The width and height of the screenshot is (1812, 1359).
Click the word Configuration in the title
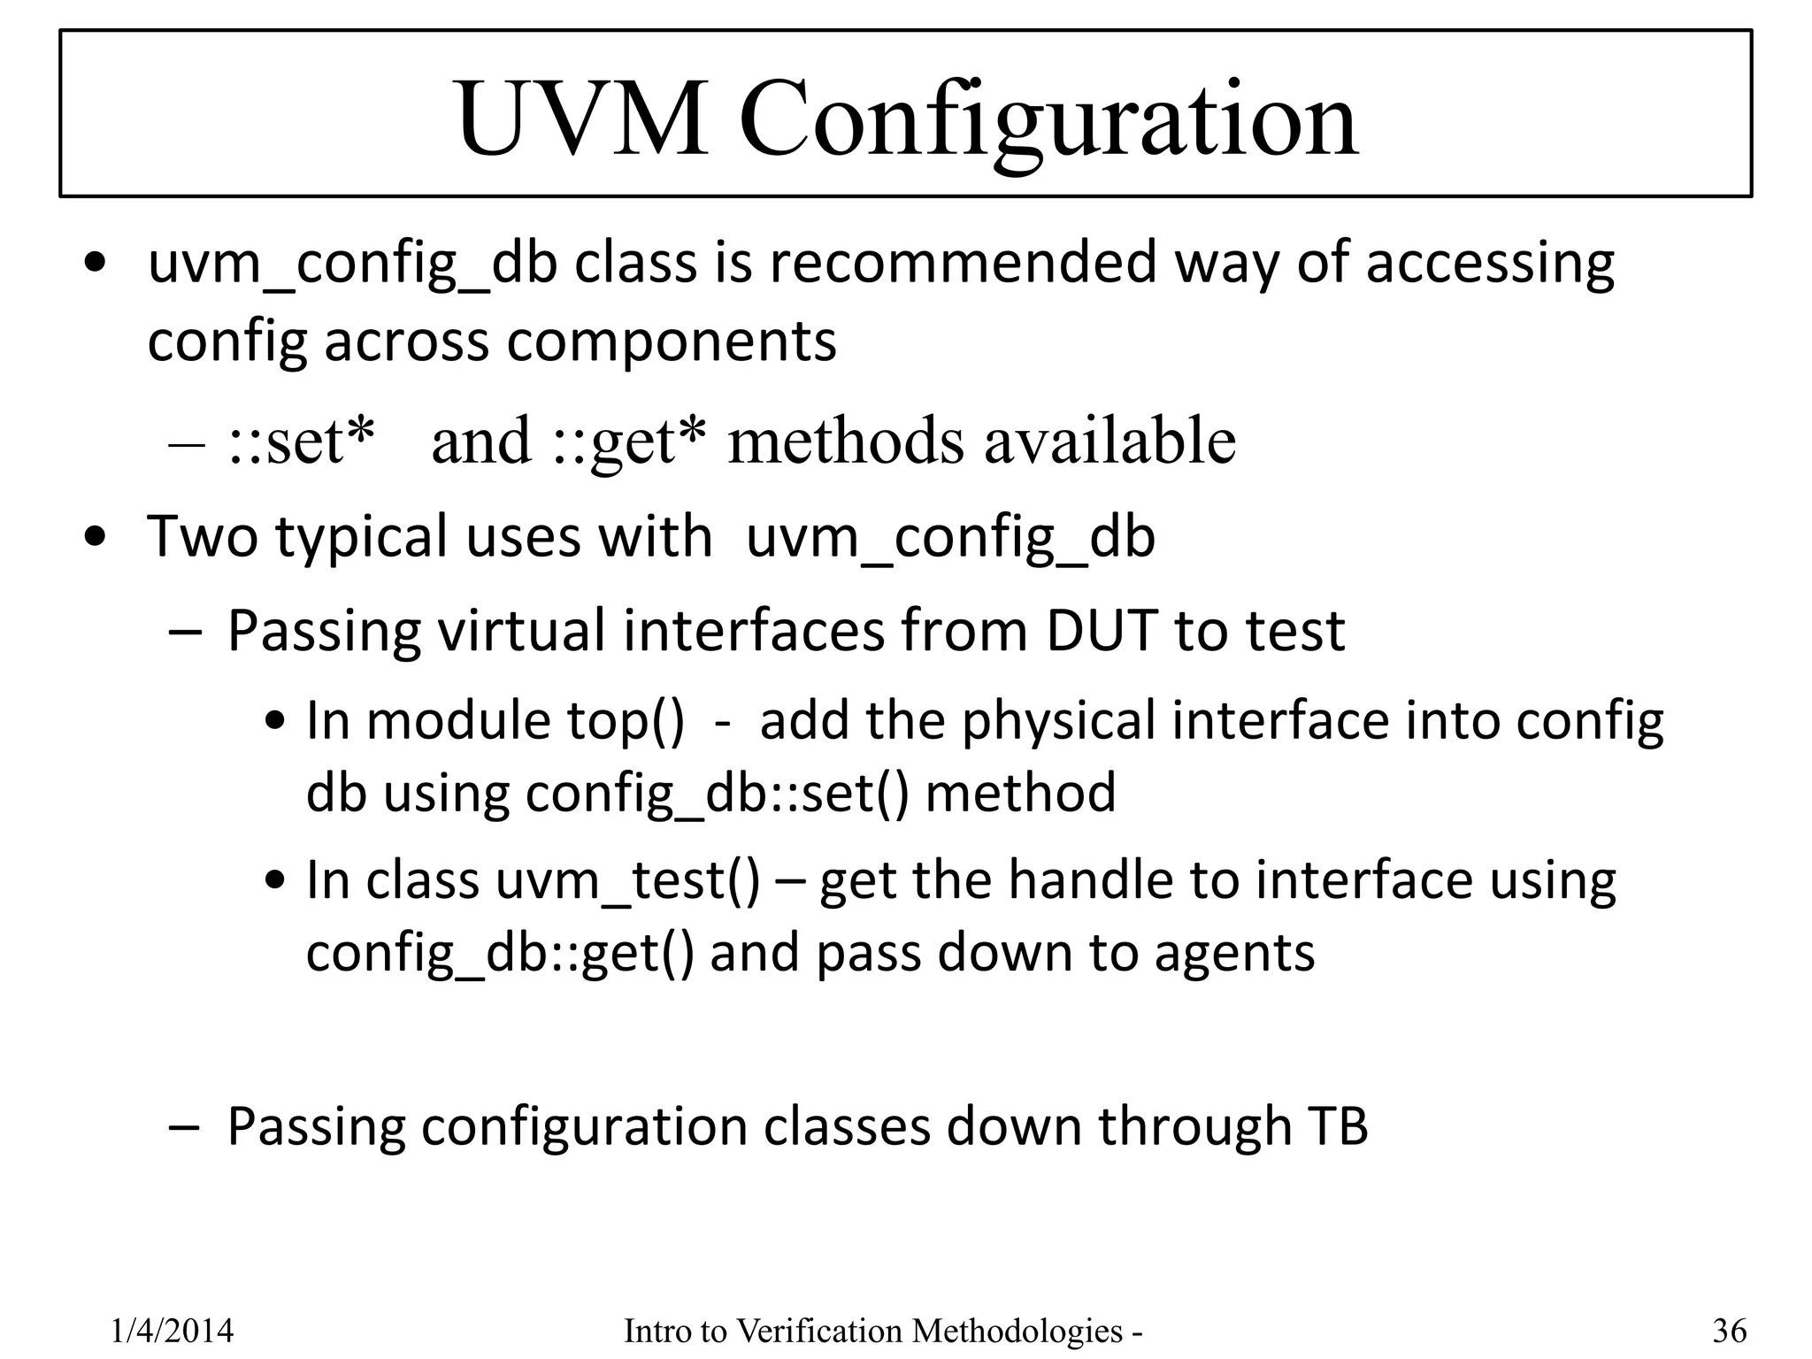tap(1048, 120)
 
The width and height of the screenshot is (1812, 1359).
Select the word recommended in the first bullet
tap(963, 263)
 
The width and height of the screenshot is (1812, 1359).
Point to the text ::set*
tap(301, 440)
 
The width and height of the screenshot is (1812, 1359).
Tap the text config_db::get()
tap(501, 953)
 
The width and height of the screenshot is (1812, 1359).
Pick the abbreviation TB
tap(1337, 1126)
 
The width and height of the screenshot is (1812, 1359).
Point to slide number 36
tap(1730, 1331)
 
